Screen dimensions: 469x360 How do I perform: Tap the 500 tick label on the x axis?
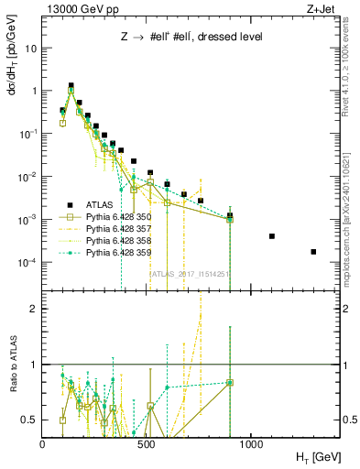(147, 443)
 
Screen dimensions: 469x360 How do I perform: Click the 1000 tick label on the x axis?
(251, 443)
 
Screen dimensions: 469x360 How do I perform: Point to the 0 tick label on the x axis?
(43, 443)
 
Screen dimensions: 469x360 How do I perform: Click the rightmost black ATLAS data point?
(313, 252)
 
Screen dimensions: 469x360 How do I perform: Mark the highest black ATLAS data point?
(71, 85)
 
